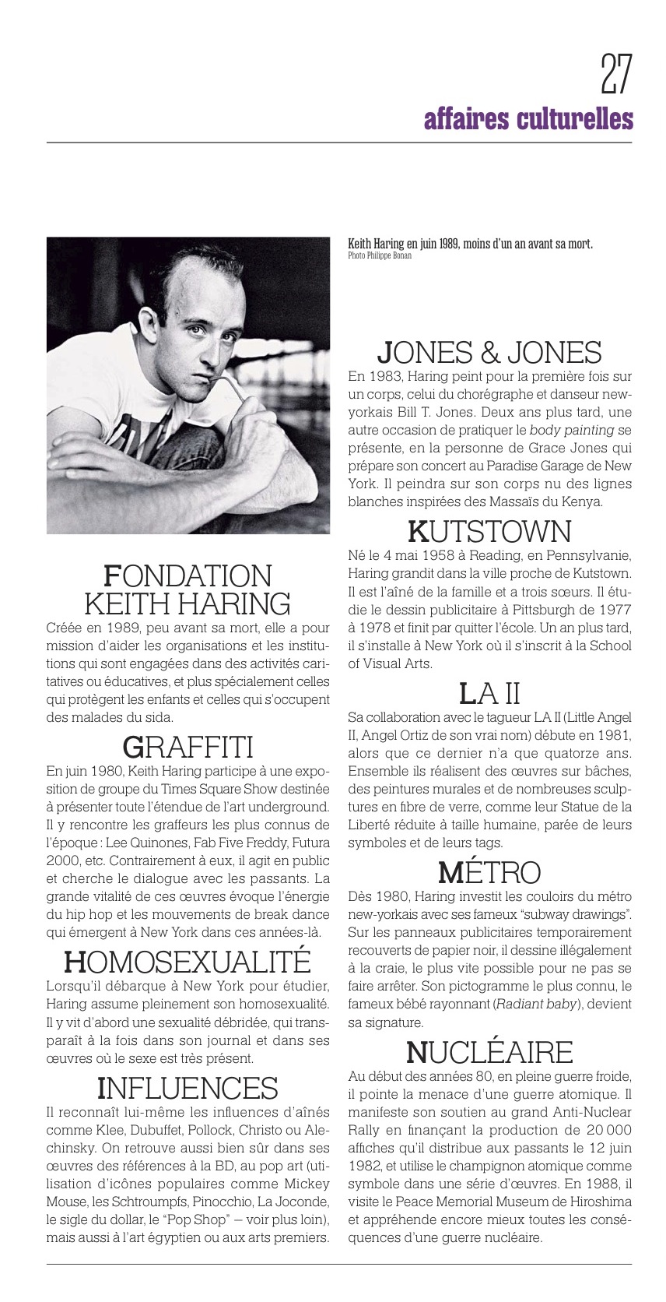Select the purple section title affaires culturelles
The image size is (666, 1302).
528,120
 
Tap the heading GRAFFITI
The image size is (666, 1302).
188,748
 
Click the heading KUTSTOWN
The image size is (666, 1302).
489,532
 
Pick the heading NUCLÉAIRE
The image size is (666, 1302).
489,1052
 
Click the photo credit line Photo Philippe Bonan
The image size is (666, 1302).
380,255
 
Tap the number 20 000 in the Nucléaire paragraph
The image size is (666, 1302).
603,1130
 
